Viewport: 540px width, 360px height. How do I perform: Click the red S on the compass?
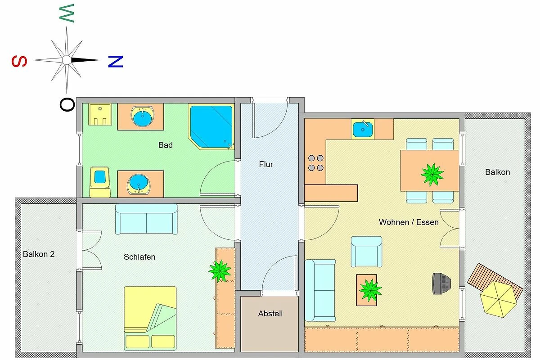(19, 61)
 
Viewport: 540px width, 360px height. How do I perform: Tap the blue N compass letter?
(116, 62)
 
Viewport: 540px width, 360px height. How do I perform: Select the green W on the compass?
(67, 13)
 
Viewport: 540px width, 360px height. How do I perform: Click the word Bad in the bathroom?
(166, 145)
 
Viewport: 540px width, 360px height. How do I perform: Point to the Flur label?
(266, 164)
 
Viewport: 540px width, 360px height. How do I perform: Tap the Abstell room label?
(270, 314)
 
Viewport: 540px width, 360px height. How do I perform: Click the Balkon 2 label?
(39, 254)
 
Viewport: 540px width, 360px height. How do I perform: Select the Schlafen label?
(139, 257)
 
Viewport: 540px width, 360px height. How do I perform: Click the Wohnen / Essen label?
(409, 222)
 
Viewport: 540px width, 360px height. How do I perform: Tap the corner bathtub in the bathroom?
(211, 127)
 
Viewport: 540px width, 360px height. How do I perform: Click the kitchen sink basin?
(363, 130)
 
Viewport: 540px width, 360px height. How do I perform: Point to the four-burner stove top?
(316, 163)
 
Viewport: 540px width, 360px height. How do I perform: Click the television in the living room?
(441, 283)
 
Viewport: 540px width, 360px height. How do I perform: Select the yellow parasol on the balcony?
(498, 299)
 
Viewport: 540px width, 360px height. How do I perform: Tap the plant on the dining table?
(432, 174)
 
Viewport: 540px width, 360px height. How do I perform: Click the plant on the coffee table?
(370, 290)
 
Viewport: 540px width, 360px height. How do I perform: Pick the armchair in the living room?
(366, 252)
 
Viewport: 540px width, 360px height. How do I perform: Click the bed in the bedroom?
(150, 318)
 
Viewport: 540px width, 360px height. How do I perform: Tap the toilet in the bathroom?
(100, 182)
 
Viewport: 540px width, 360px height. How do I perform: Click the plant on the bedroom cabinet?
(220, 271)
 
